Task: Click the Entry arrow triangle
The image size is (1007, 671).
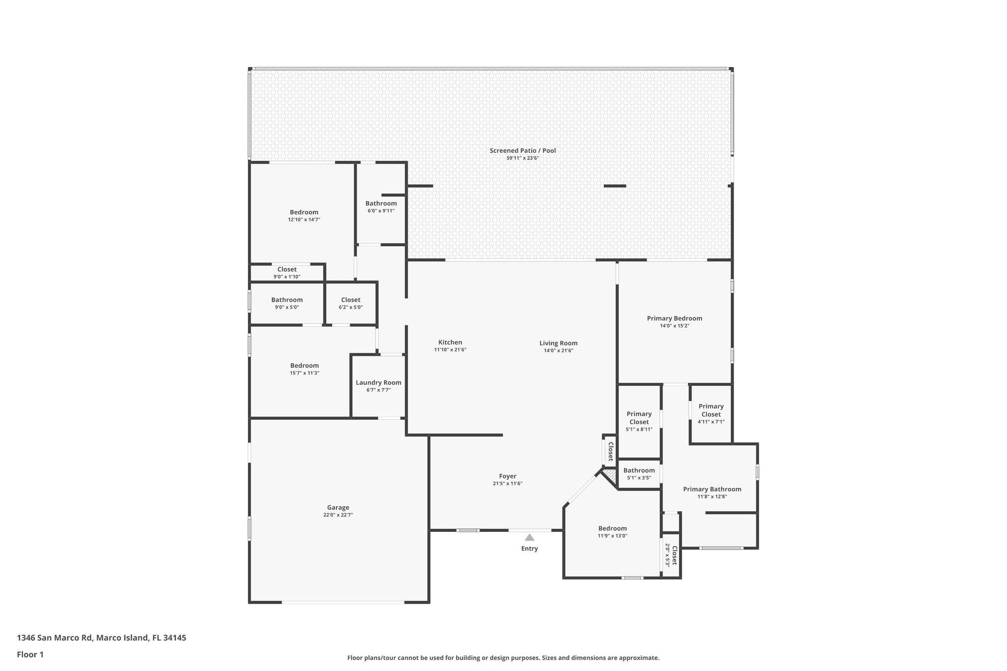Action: coord(529,537)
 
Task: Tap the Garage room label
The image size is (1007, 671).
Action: coord(338,507)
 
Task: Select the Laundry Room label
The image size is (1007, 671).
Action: coord(378,382)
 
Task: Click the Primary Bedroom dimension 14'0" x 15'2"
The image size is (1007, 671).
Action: coord(674,326)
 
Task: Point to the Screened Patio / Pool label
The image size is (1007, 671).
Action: coord(523,150)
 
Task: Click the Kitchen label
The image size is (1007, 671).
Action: coord(450,343)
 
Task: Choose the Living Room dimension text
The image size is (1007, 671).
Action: coord(558,350)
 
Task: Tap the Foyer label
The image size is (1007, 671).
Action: coord(507,476)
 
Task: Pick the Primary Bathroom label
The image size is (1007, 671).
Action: coord(712,489)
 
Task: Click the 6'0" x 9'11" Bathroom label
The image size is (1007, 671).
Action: coord(381,204)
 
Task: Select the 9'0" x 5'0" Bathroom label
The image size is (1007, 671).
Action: coord(287,300)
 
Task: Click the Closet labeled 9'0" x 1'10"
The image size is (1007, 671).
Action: coord(287,269)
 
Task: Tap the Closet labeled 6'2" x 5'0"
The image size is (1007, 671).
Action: coord(351,300)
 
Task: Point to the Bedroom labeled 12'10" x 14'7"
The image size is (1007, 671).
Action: coord(304,212)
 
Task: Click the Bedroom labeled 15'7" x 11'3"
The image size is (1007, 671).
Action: coord(304,366)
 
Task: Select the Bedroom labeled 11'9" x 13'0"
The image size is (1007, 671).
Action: coord(612,528)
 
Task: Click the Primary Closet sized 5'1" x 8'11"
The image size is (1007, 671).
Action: coord(639,418)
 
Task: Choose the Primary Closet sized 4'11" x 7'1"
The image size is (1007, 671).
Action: coord(711,410)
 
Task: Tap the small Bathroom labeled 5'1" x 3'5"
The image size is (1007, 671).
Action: coord(639,470)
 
